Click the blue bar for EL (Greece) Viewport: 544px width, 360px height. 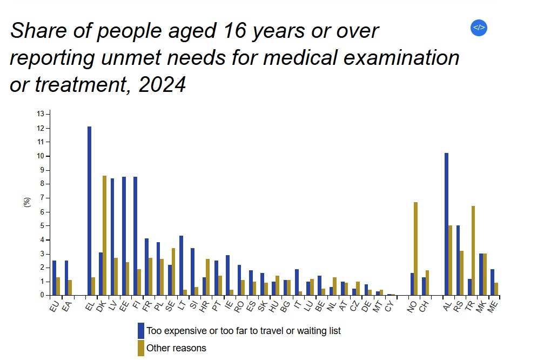89,211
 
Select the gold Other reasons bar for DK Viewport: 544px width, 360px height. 104,235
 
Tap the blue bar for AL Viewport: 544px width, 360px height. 447,224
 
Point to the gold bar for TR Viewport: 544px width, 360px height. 473,251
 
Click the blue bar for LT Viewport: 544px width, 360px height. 181,265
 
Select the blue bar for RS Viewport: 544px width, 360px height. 458,261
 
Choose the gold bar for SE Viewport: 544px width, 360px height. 173,271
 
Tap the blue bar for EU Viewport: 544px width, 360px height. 54,278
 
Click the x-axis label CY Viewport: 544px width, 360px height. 389,306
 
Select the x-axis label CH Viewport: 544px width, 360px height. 424,306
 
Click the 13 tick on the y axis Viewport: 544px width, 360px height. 41,114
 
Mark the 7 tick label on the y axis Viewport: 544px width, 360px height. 42,198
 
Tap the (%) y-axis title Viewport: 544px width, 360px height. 27,202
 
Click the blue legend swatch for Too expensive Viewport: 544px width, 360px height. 141,330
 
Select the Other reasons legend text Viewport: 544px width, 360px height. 176,348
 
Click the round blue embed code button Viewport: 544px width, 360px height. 479,28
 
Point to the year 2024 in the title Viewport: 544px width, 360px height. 163,84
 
